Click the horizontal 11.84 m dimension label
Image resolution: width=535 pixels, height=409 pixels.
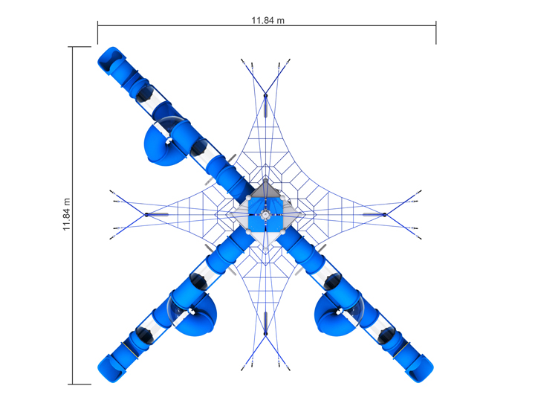[x=267, y=21]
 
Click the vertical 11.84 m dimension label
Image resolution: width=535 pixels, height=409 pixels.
[x=67, y=214]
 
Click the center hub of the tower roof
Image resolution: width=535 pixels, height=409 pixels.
[x=265, y=215]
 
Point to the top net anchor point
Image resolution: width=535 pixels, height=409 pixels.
[x=265, y=96]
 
